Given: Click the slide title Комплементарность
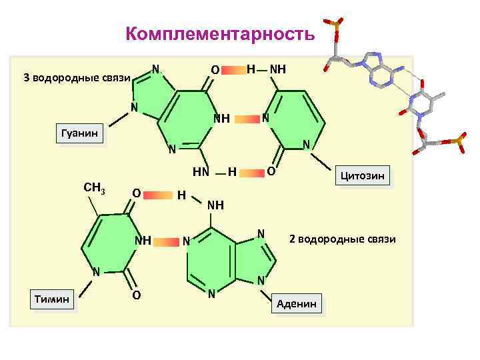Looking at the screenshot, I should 219,34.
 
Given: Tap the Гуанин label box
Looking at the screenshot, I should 79,135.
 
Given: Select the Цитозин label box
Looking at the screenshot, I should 364,176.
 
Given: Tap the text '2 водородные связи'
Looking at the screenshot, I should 342,238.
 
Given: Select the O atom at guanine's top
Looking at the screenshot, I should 214,69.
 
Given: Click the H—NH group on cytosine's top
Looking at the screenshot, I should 266,69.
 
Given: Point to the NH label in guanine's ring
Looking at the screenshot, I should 221,119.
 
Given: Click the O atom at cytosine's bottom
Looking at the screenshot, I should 271,172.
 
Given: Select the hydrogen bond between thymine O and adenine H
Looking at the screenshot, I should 158,194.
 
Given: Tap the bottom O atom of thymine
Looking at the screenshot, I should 135,295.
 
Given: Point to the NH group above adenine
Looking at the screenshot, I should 215,205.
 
